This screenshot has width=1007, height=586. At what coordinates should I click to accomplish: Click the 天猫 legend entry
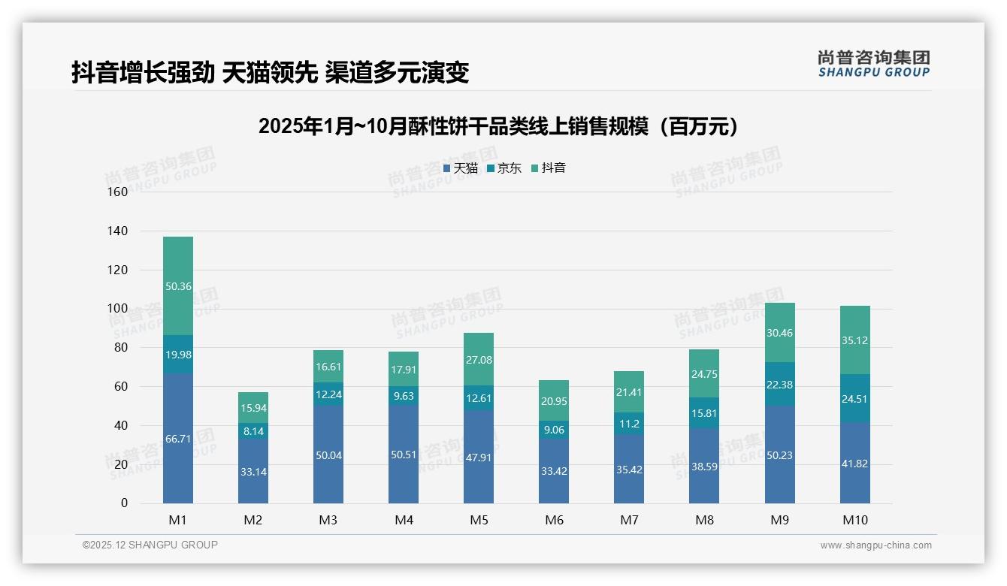coord(461,168)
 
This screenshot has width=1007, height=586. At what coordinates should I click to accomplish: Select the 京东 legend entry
coord(504,168)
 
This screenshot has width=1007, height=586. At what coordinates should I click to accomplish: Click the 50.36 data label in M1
coord(178,286)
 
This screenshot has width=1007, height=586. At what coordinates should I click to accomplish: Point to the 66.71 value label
coord(178,439)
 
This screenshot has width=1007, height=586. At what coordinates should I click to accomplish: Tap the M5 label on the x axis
coord(479,520)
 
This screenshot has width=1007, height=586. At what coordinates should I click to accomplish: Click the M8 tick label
coord(704,520)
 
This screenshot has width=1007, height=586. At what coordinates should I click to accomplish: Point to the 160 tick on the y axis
coord(118,192)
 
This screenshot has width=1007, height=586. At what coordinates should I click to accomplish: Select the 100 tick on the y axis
coord(118,309)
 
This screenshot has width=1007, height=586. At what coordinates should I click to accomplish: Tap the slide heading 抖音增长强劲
coord(271,73)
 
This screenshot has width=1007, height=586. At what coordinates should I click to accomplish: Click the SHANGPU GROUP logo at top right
coord(873,64)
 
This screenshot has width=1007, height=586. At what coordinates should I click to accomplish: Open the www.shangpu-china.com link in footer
coord(875,545)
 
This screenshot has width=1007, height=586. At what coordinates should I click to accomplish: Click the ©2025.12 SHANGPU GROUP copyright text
coord(150,545)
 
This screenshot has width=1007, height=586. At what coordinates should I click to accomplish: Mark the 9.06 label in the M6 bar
coord(554,430)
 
